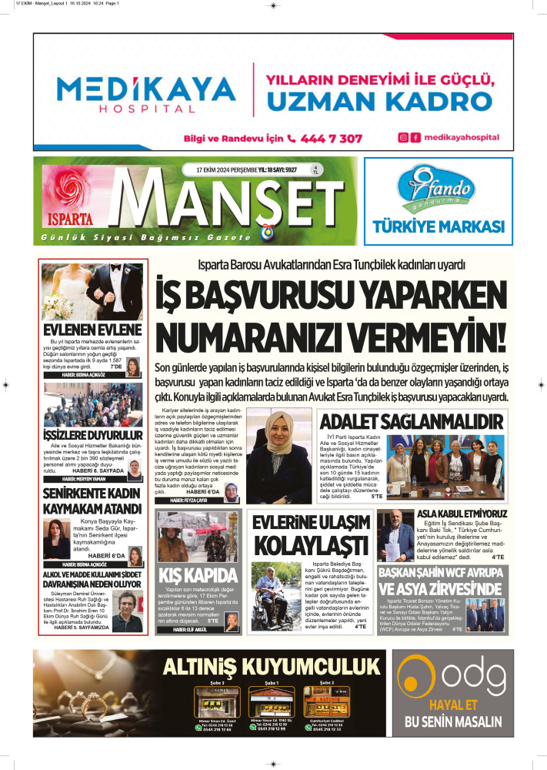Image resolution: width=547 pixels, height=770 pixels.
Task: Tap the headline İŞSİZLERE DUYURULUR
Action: coord(93,437)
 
